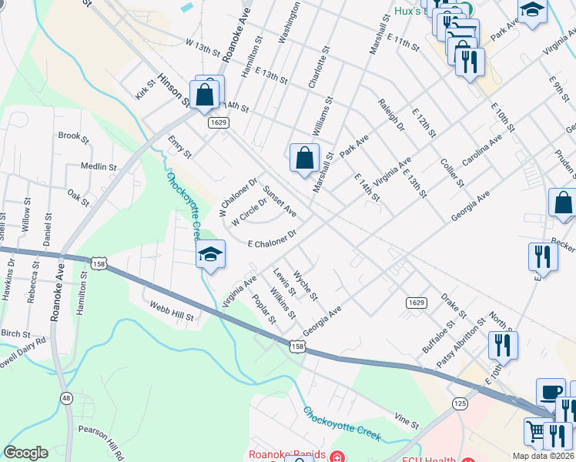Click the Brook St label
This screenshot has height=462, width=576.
(73, 136)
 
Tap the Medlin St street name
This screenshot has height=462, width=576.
(98, 166)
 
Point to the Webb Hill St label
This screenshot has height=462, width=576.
(172, 311)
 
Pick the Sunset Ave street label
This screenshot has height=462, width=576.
(280, 201)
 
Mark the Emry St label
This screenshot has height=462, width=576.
(179, 147)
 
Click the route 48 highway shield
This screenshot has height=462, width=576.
(67, 397)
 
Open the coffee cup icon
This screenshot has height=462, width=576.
(550, 392)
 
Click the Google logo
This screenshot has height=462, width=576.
(25, 453)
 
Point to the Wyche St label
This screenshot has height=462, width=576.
(306, 286)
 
